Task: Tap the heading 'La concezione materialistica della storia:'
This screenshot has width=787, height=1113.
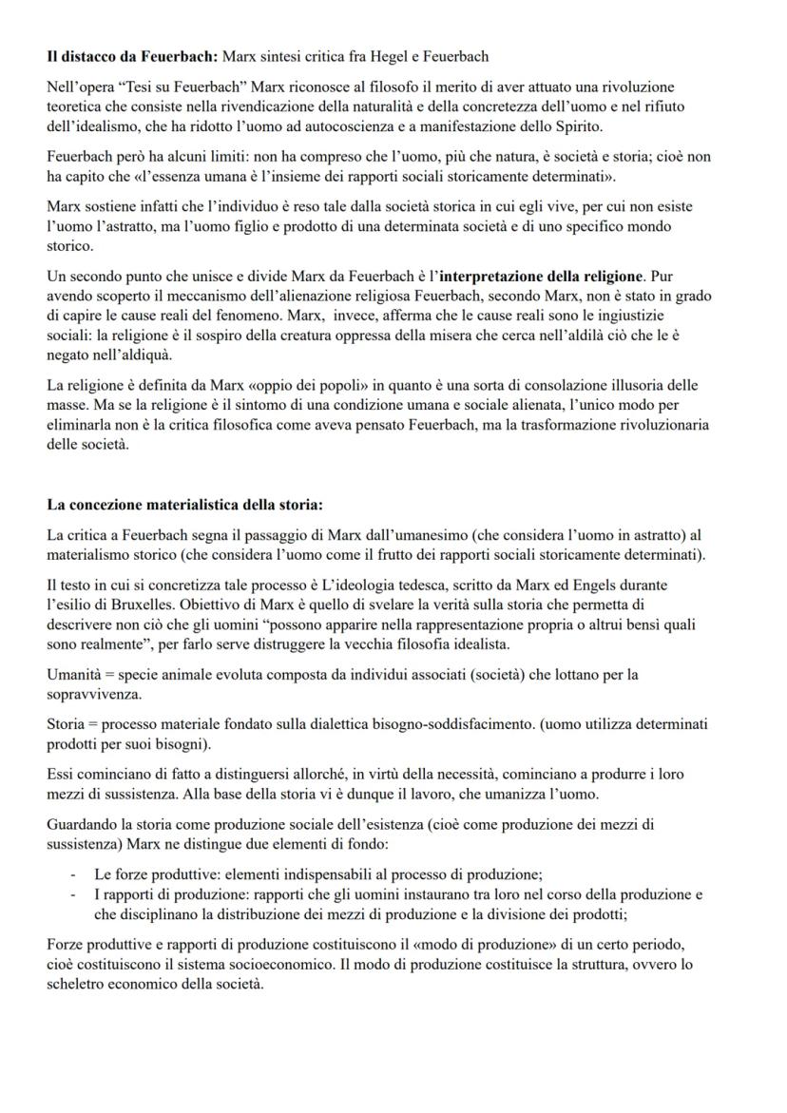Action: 185,504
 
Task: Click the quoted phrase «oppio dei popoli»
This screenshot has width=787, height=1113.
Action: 271,385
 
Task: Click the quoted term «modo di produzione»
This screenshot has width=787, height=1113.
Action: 491,947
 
